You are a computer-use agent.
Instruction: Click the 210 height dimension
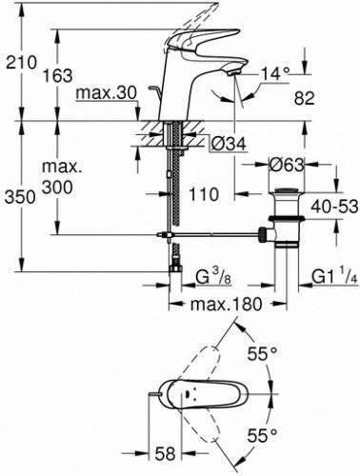click(x=22, y=62)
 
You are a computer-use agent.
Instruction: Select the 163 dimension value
click(x=58, y=75)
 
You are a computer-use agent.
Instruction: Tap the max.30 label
click(x=107, y=93)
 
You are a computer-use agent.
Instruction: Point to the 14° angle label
click(x=275, y=74)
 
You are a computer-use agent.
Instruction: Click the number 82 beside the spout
click(x=304, y=98)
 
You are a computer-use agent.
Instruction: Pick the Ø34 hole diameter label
click(x=229, y=145)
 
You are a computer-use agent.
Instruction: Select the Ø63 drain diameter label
click(x=287, y=166)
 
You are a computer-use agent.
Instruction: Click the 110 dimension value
click(x=204, y=194)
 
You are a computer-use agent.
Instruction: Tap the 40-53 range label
click(x=334, y=207)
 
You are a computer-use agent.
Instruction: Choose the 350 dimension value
click(x=20, y=197)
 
